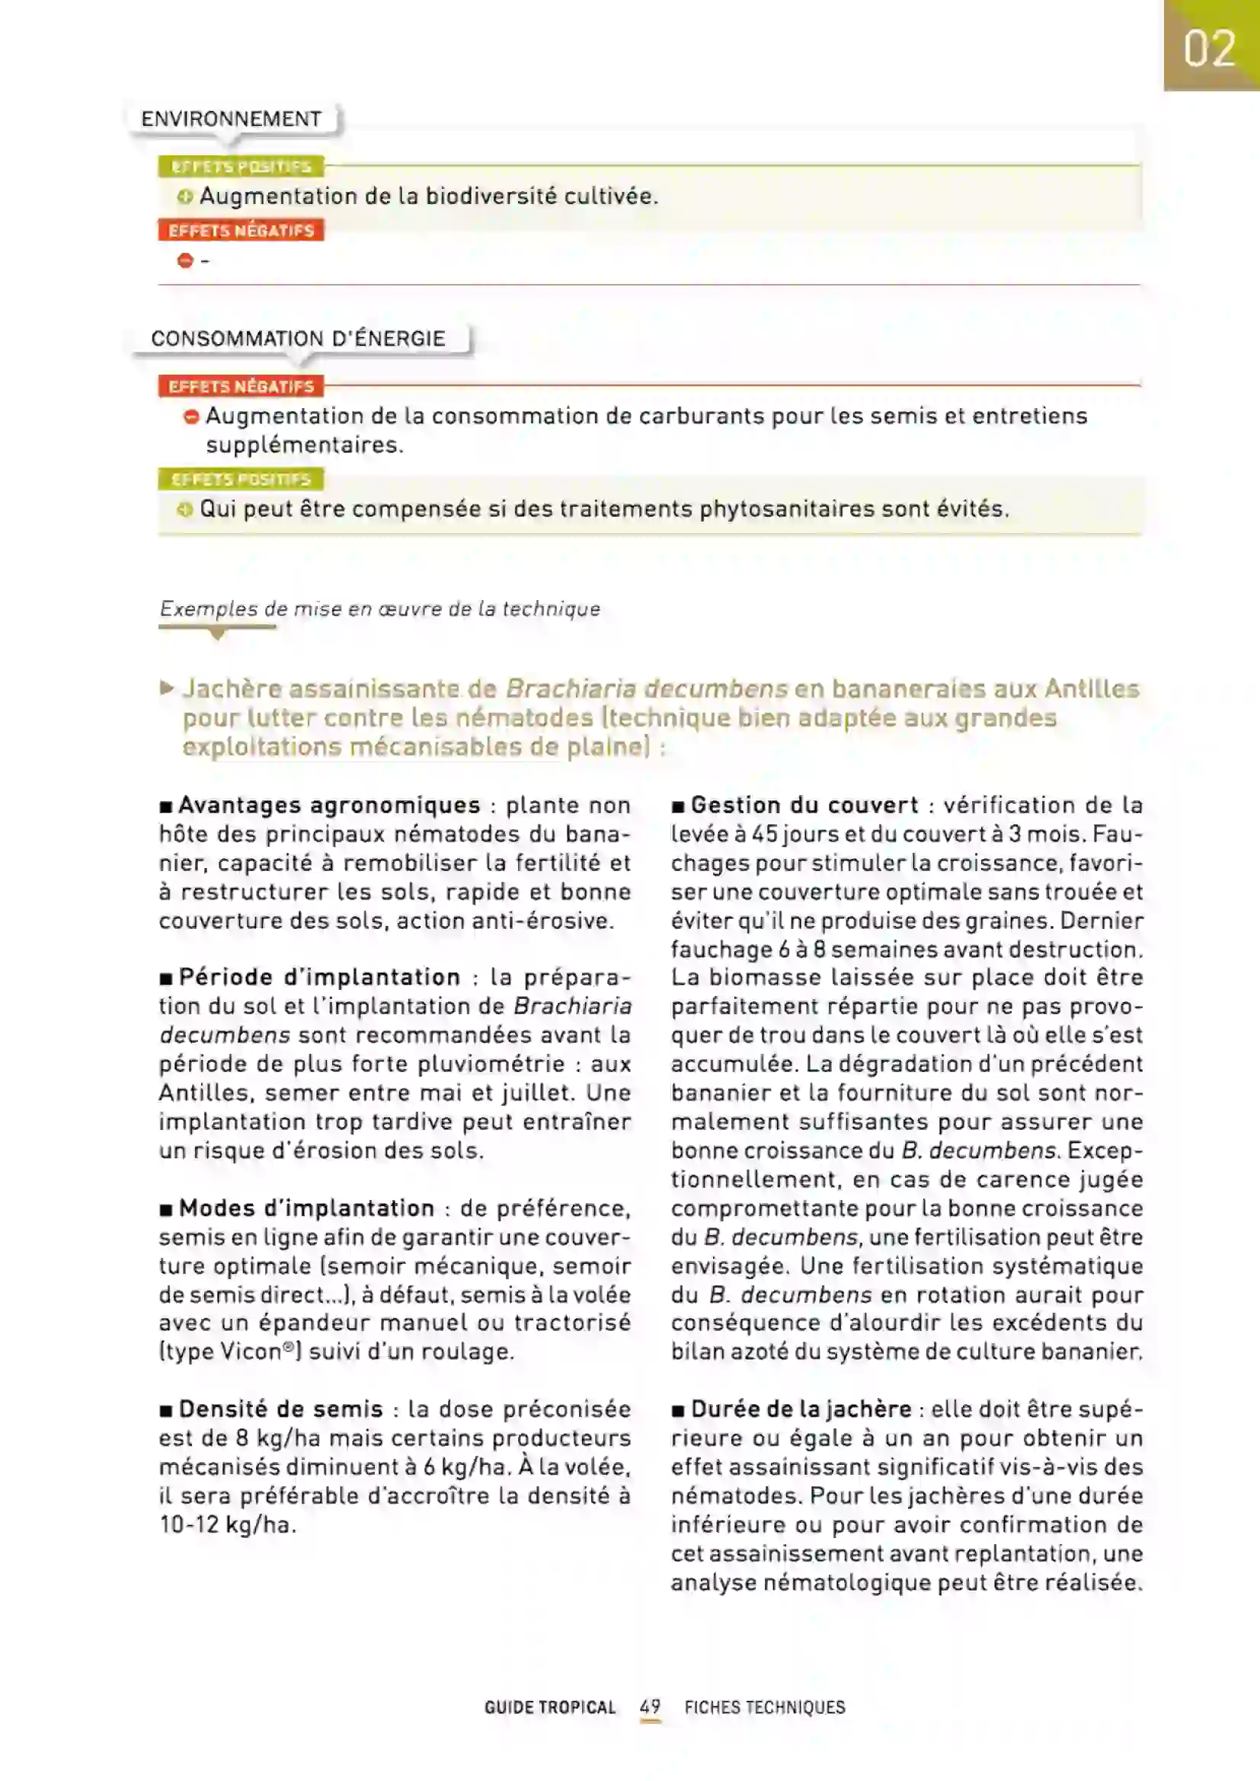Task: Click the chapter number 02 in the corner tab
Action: [1209, 48]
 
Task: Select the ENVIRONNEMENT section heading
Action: [232, 119]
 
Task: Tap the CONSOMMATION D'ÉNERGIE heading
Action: [298, 338]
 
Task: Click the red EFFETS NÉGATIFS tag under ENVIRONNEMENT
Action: [241, 231]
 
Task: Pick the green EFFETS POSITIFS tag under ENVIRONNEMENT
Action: [241, 167]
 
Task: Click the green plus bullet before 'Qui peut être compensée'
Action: [184, 509]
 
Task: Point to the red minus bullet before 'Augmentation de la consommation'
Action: [191, 417]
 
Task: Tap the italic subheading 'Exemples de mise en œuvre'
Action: [379, 609]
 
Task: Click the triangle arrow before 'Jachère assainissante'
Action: [167, 688]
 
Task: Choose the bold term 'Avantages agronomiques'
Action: [330, 805]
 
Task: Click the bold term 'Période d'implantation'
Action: [320, 978]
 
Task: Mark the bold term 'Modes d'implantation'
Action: [306, 1208]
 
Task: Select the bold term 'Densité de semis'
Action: [281, 1409]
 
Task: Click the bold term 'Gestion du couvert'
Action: [804, 805]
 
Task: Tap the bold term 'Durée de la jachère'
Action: [801, 1409]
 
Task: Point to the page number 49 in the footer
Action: [650, 1706]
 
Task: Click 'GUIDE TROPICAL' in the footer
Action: [550, 1707]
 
